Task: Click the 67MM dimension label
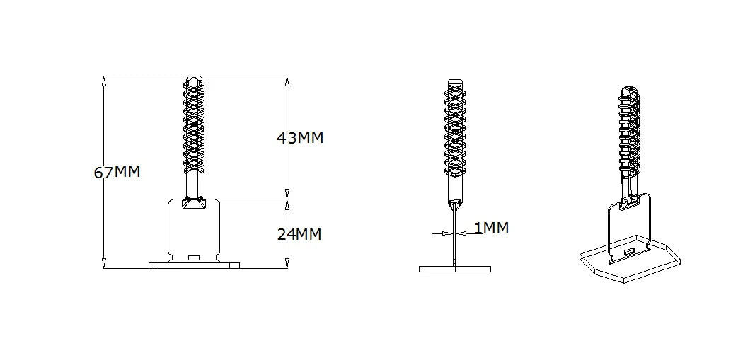coord(117,172)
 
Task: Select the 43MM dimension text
coord(299,138)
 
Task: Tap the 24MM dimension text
coord(299,234)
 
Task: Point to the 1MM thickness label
coord(491,228)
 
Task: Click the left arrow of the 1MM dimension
coord(446,233)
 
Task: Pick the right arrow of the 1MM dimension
coord(461,233)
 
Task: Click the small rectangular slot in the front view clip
coord(194,255)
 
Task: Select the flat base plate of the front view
coord(194,265)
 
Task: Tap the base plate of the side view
coord(454,269)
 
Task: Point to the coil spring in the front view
coord(194,127)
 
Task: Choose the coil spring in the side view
coord(455,127)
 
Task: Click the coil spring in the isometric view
coord(630,131)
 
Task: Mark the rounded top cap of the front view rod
coord(194,79)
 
